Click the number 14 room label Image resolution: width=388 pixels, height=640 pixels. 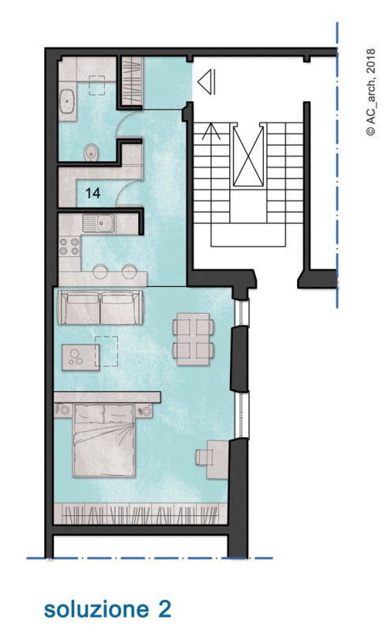[x=92, y=193]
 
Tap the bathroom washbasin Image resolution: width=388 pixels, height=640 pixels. [x=66, y=101]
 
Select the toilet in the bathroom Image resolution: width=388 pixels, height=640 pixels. [x=92, y=152]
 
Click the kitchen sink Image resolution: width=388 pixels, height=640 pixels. [x=99, y=224]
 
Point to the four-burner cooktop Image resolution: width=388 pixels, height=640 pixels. [x=70, y=246]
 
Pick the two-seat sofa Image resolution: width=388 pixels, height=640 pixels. [x=101, y=307]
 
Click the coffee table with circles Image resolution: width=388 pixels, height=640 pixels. [x=81, y=357]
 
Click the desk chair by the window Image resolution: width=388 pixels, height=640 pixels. [x=202, y=457]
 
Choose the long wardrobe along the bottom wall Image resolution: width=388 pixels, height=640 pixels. [x=141, y=514]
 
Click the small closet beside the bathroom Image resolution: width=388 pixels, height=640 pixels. [x=132, y=81]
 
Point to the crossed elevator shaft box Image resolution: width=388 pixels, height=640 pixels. [x=248, y=156]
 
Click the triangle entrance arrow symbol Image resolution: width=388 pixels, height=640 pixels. [x=206, y=81]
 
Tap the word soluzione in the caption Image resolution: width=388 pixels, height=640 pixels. [x=96, y=610]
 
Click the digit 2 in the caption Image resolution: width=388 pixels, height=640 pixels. [x=164, y=609]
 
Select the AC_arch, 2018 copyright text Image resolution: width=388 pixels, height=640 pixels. [x=371, y=92]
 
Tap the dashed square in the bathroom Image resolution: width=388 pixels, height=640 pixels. [x=96, y=85]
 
